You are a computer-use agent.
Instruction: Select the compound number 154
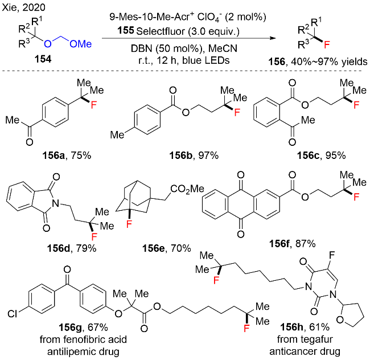click(43, 59)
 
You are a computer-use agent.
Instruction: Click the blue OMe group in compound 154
click(81, 44)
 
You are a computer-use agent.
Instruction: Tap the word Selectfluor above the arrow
click(161, 31)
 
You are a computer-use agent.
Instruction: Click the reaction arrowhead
click(273, 38)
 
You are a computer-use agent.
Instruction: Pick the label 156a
click(53, 156)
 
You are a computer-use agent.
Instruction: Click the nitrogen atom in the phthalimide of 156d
click(56, 203)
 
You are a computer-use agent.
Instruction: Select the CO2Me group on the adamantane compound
click(187, 189)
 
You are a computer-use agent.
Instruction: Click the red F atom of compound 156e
click(129, 224)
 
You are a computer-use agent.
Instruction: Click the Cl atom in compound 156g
click(13, 314)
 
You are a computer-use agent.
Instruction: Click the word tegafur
click(319, 339)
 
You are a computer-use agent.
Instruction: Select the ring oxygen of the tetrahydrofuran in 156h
click(340, 320)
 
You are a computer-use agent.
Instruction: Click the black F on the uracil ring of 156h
click(332, 255)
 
